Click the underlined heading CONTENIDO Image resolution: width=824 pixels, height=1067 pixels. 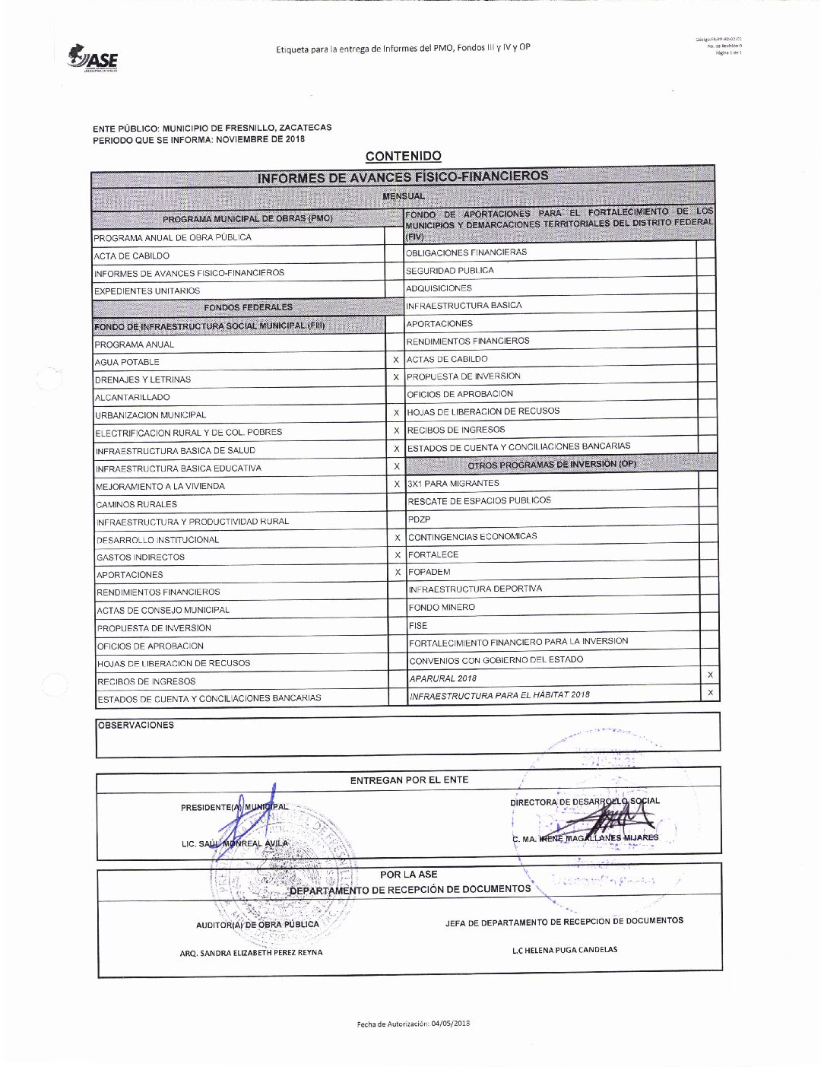(403, 156)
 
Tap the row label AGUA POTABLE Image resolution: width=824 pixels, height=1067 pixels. (127, 362)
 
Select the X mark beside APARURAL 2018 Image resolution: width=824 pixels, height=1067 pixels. (710, 675)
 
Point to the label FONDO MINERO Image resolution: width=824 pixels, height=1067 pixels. (441, 607)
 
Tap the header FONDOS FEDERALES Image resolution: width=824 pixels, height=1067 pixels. (248, 307)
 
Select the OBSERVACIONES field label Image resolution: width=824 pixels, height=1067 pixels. (135, 725)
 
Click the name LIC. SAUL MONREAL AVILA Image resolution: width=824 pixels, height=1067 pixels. (235, 843)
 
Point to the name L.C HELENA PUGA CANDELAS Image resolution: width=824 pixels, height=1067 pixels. (564, 949)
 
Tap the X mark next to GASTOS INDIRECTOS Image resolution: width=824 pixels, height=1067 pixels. (397, 555)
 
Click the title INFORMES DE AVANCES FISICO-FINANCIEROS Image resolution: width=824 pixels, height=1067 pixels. (402, 176)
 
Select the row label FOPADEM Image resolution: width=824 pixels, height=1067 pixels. (429, 572)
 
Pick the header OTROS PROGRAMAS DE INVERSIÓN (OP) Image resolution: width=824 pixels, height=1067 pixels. (552, 464)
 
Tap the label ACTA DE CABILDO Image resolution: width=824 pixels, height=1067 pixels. (132, 256)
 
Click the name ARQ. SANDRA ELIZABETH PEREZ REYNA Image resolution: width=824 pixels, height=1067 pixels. (251, 952)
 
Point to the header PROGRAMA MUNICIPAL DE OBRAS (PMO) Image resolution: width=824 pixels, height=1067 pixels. (248, 218)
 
